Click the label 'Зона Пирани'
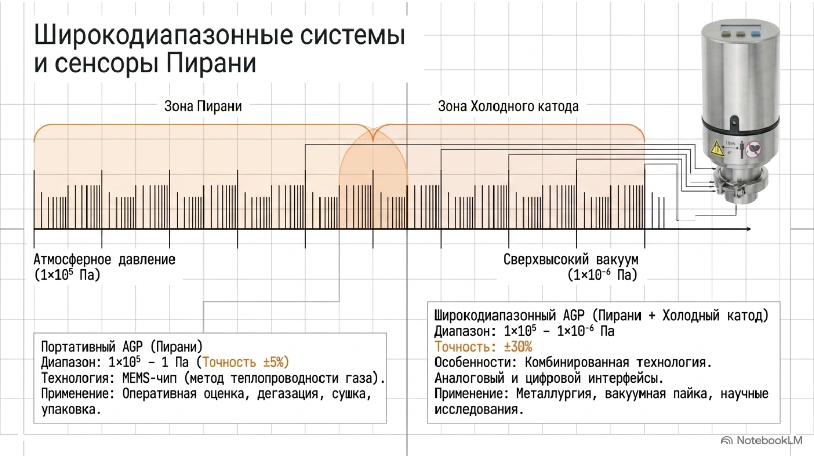(x=203, y=106)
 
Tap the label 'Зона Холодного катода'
(x=508, y=106)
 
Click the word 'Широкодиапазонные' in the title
(x=163, y=36)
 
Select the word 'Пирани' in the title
(x=212, y=63)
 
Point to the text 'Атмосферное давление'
(x=104, y=260)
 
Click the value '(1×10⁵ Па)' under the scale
(x=67, y=275)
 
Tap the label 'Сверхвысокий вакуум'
(x=571, y=260)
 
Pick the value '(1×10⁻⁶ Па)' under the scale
(x=602, y=275)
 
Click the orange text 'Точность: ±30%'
(x=483, y=347)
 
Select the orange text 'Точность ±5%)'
(x=246, y=362)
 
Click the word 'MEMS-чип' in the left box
(x=149, y=378)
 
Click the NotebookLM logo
(x=762, y=441)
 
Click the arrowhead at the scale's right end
(x=748, y=229)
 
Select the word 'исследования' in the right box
(x=479, y=410)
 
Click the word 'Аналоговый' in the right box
(x=470, y=378)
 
